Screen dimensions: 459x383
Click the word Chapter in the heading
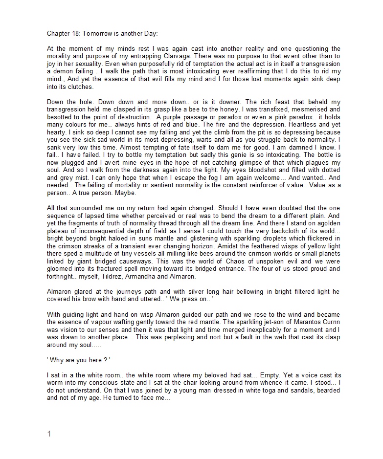(58, 34)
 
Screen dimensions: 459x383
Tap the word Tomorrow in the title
(97, 34)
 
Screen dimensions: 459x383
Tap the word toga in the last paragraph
(274, 391)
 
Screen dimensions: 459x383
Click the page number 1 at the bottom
(48, 434)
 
